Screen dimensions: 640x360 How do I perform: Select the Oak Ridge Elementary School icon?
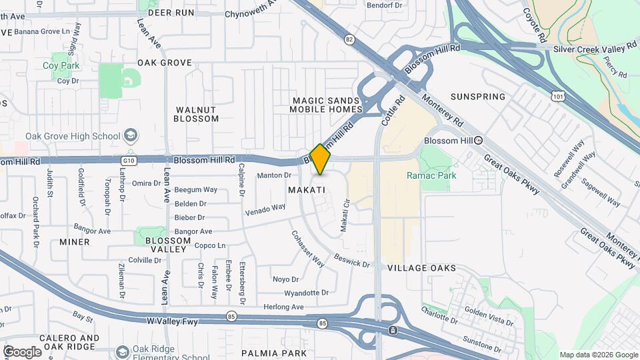point(122,351)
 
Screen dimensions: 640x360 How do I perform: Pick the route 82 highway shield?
point(349,39)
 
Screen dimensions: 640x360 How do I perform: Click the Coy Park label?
point(61,66)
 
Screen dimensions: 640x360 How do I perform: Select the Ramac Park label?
point(431,176)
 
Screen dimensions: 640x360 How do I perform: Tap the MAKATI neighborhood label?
point(307,190)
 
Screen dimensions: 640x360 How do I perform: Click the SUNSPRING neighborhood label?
point(477,97)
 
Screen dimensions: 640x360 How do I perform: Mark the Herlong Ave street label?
point(284,307)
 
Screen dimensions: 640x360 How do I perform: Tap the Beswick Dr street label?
point(352,261)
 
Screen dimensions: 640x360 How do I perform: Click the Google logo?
point(22,352)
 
